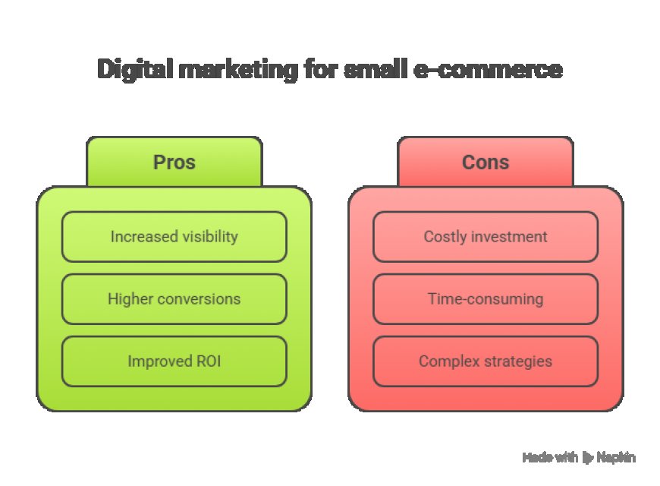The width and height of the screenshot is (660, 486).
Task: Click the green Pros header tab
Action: [174, 162]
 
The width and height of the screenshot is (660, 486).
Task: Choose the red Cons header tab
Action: [486, 162]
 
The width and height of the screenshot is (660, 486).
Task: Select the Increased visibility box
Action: [174, 237]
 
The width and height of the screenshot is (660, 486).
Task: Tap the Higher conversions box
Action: [174, 299]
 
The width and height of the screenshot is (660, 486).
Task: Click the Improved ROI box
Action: [174, 361]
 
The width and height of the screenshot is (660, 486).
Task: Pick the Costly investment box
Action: [486, 237]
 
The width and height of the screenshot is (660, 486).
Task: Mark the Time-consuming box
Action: [486, 299]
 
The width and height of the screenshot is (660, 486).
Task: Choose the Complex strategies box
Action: [486, 361]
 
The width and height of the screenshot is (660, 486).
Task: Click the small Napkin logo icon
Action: [587, 458]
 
